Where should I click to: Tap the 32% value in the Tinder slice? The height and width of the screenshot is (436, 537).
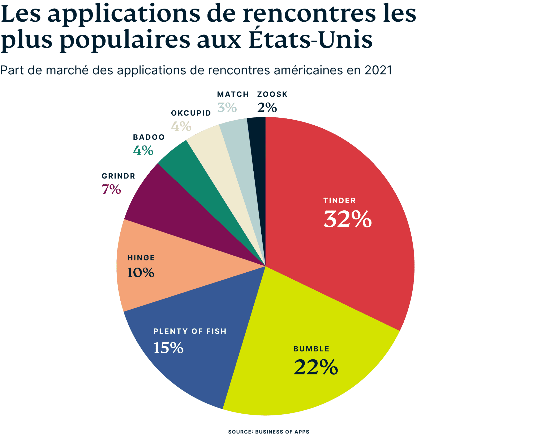pos(347,219)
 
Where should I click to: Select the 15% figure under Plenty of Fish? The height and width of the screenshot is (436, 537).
pos(168,348)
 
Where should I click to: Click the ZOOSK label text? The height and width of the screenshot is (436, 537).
pos(272,95)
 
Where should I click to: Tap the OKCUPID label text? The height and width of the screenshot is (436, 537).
pos(191,113)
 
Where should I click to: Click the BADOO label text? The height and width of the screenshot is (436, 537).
pos(149,137)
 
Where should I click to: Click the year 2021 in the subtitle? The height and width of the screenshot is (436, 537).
pos(378,71)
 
